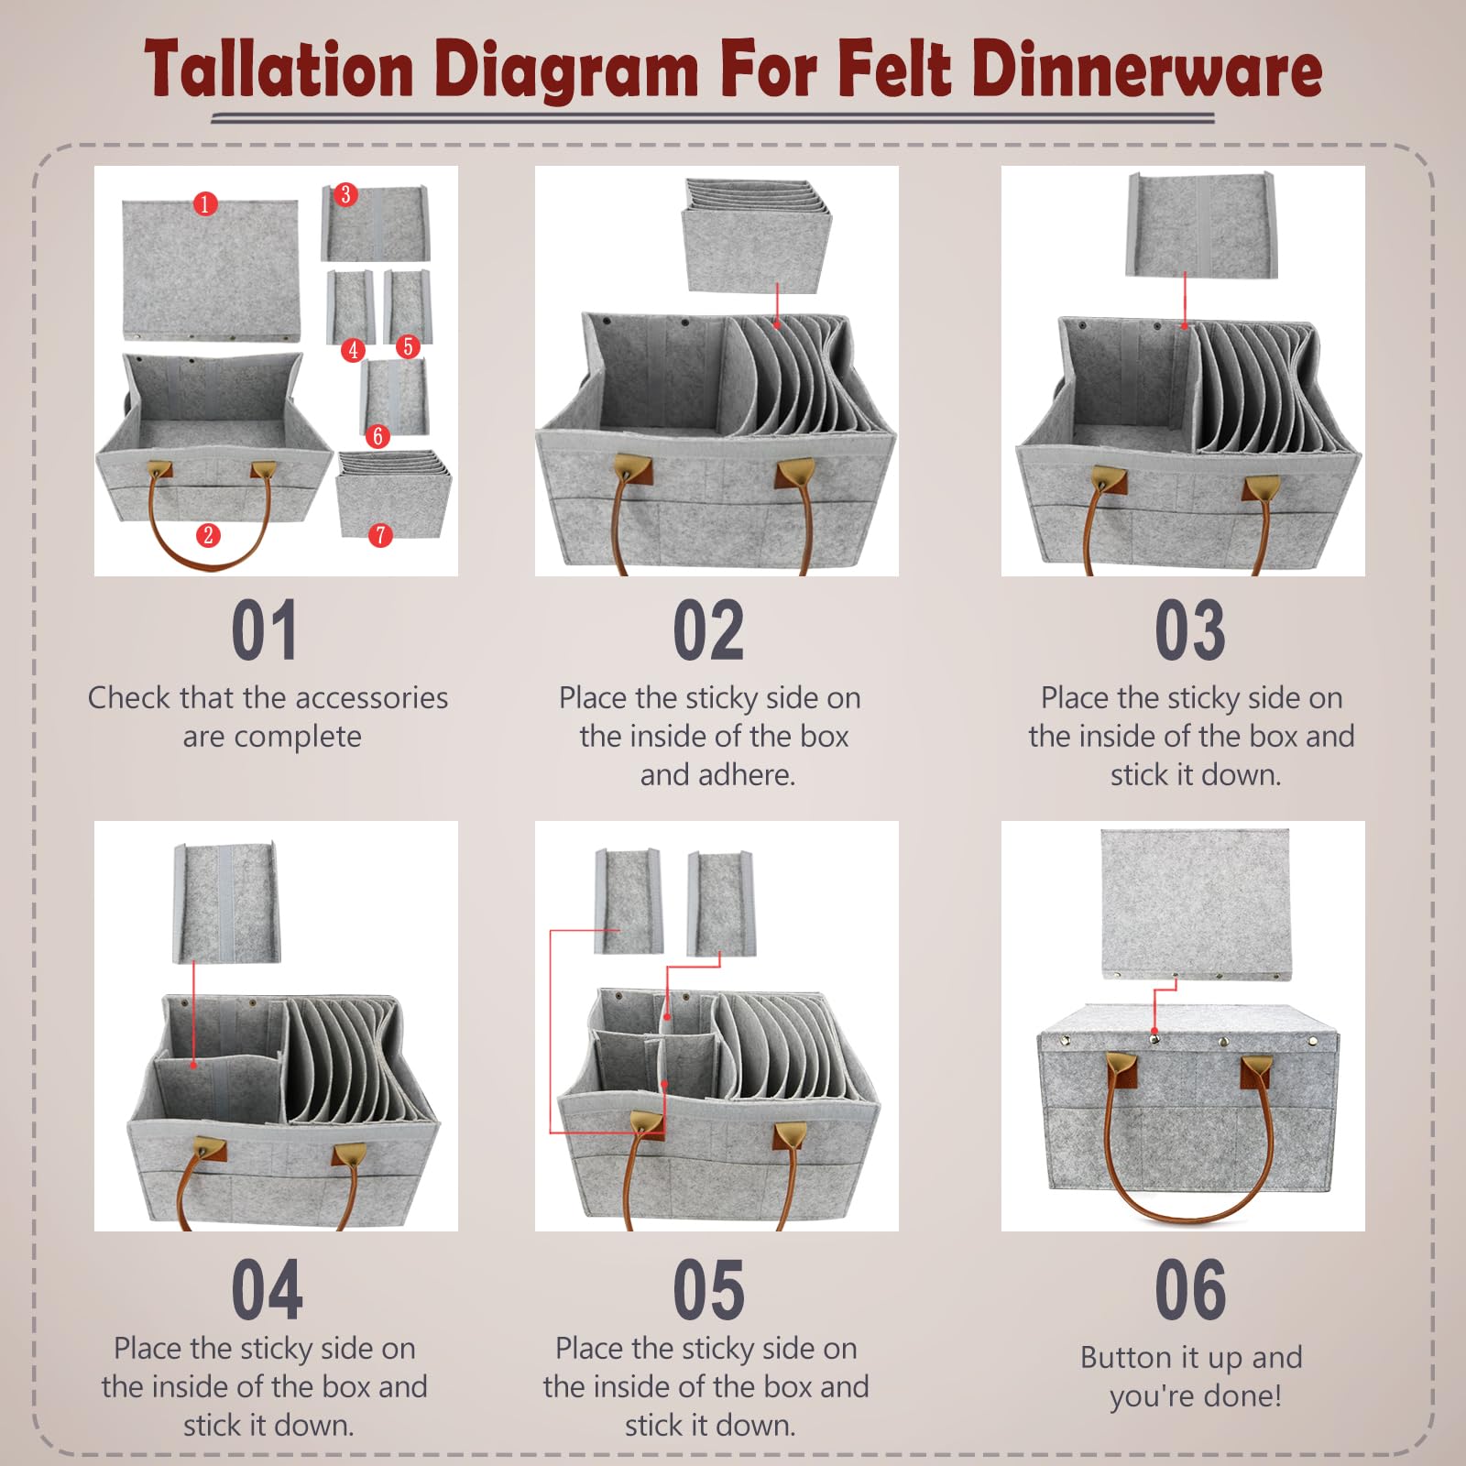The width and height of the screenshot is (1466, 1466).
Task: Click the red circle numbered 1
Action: point(205,203)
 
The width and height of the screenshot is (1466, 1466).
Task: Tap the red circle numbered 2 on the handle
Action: point(208,535)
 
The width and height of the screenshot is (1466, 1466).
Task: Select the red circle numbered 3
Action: point(345,194)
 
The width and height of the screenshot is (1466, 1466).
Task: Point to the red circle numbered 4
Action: point(353,350)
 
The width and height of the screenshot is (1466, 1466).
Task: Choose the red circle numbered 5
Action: point(408,346)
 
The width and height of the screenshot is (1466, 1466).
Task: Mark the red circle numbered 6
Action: point(377,436)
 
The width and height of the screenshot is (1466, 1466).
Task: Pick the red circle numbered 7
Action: point(380,535)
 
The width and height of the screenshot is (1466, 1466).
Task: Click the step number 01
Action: point(264,630)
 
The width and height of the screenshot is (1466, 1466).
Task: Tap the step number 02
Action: point(708,630)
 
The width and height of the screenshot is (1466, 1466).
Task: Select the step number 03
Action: point(1190,630)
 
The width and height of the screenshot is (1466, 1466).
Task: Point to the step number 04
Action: point(266,1289)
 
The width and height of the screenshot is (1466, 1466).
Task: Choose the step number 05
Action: point(708,1289)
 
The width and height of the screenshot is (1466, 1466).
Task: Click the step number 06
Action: point(1190,1289)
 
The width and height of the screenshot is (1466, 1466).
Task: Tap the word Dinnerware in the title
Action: point(1146,70)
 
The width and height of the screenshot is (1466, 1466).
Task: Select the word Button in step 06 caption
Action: point(1125,1357)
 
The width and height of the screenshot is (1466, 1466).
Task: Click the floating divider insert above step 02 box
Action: point(756,236)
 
